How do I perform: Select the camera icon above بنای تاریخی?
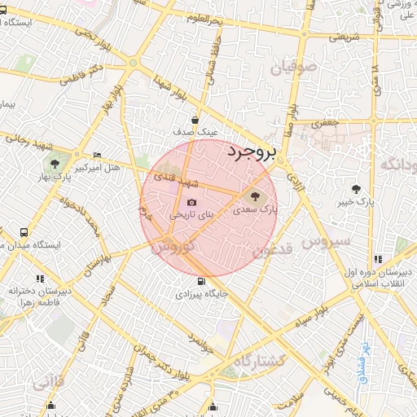point(191,203)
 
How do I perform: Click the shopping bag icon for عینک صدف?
point(195,119)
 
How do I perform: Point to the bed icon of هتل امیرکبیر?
point(98,155)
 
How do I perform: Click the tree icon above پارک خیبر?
point(356,189)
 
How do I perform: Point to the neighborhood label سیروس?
point(325,242)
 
